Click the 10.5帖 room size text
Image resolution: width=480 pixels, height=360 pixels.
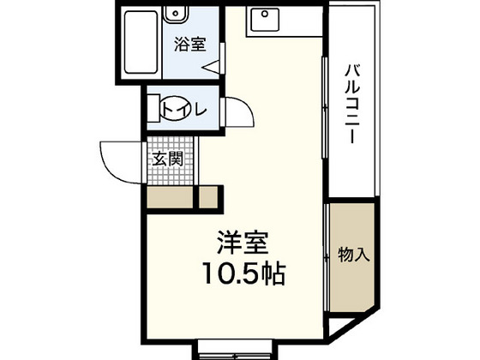243,275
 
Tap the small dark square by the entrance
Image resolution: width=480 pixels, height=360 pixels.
207,197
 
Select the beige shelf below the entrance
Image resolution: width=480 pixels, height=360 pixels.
169,197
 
